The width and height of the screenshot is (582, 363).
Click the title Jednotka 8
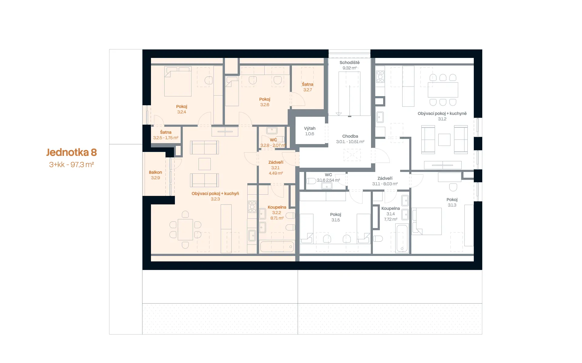[x=72, y=152]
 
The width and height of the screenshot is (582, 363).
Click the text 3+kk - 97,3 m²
[x=72, y=165]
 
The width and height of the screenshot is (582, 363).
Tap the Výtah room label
[x=310, y=128]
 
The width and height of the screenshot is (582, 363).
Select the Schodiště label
[x=350, y=62]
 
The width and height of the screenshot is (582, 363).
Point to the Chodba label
[x=350, y=136]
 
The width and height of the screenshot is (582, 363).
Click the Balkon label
[x=155, y=172]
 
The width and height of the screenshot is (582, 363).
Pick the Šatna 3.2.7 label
[x=308, y=87]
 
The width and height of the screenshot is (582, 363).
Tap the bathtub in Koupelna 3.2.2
[x=277, y=247]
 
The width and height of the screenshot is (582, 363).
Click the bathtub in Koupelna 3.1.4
[x=402, y=238]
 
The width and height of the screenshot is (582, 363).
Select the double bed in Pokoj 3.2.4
[x=178, y=81]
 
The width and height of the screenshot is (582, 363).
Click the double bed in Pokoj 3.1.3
[x=427, y=221]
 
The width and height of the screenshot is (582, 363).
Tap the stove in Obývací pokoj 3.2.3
[x=252, y=207]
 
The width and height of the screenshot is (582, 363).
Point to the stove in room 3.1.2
[x=380, y=77]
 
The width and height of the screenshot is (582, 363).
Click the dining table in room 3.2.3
[x=185, y=230]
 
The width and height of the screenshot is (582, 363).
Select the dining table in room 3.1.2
[x=443, y=90]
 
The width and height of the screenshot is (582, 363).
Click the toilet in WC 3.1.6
[x=311, y=181]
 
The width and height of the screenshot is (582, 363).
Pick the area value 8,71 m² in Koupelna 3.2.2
[x=277, y=218]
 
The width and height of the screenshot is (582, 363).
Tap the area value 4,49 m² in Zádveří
[x=276, y=173]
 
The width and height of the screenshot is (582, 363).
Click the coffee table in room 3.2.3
[x=205, y=164]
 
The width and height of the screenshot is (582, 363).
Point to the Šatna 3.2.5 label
[x=166, y=135]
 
